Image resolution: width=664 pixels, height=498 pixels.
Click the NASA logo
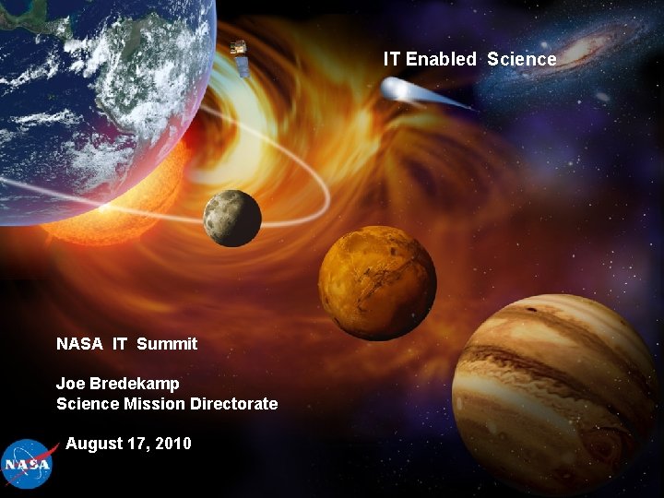click(27, 464)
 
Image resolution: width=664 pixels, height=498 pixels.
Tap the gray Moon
click(232, 218)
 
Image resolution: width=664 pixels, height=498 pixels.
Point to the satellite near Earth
click(240, 57)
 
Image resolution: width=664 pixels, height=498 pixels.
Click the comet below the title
click(406, 90)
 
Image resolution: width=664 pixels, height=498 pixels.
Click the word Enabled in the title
click(442, 59)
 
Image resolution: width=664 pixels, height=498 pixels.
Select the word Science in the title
click(522, 59)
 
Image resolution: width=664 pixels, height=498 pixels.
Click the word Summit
click(167, 344)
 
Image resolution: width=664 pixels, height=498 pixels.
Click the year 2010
click(173, 444)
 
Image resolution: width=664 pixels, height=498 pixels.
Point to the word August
click(94, 444)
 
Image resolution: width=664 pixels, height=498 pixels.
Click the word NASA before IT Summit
click(80, 344)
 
